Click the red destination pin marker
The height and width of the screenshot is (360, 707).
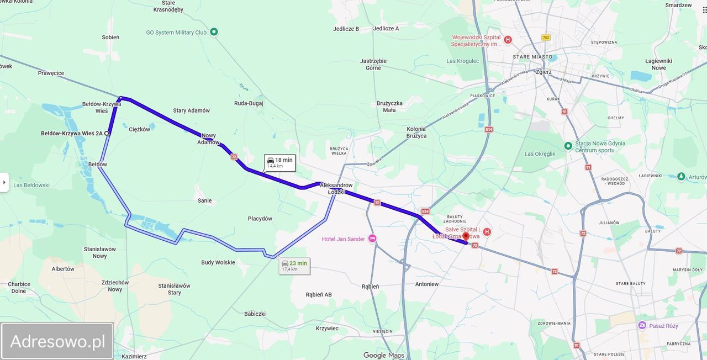465,237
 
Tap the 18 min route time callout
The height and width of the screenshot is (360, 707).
279,162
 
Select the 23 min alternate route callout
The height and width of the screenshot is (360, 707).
294,266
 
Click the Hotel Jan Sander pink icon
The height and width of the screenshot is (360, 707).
372,239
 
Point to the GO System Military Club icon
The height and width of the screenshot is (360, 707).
214,32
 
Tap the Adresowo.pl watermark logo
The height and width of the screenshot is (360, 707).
57,341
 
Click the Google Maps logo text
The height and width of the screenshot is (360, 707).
383,355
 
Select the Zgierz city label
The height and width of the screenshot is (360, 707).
544,72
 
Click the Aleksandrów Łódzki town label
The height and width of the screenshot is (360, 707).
336,188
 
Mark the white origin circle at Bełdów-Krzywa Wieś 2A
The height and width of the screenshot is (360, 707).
107,133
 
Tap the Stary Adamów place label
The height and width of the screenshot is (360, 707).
191,110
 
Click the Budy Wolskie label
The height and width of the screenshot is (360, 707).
218,263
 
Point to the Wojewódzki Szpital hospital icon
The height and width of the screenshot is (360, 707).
508,40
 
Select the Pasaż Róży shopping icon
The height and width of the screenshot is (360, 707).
642,325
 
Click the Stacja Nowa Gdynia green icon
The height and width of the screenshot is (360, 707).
568,146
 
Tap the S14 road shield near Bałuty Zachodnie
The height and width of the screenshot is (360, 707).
425,211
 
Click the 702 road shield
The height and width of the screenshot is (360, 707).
546,38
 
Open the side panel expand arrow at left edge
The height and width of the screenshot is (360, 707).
4,182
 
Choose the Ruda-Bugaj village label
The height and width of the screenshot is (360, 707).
249,103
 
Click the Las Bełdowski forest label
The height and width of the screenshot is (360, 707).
31,186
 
